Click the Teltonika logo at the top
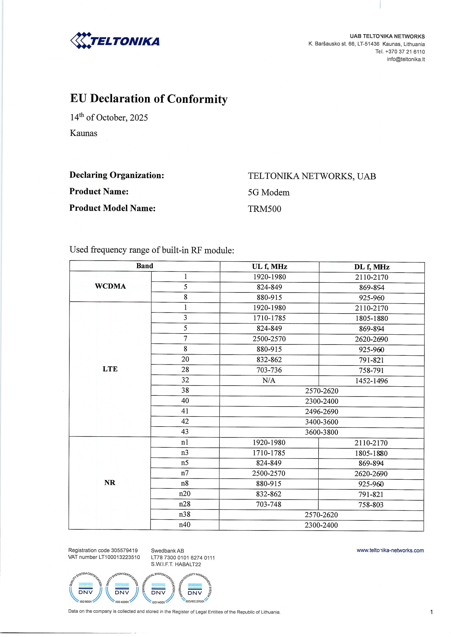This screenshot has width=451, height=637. [x=115, y=41]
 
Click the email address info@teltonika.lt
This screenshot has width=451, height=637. [x=406, y=59]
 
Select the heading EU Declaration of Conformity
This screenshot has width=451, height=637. [x=149, y=99]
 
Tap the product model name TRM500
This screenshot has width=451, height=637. [x=264, y=209]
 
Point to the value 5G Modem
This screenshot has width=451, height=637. [x=269, y=193]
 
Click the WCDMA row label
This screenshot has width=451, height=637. [x=110, y=286]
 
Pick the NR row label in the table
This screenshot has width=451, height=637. [x=109, y=483]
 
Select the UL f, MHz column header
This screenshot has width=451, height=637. [x=270, y=267]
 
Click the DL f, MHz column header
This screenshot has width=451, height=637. [x=372, y=267]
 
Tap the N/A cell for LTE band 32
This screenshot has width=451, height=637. [x=269, y=380]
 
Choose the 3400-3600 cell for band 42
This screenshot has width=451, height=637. [x=322, y=422]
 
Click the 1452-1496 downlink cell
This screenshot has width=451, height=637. [x=371, y=381]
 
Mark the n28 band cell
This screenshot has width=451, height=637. [x=185, y=504]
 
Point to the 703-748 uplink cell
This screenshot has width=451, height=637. [x=269, y=504]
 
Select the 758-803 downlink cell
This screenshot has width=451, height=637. [x=371, y=505]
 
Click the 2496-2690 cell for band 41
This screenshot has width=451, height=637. [x=322, y=412]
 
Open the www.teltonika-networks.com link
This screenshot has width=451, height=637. [x=390, y=551]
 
